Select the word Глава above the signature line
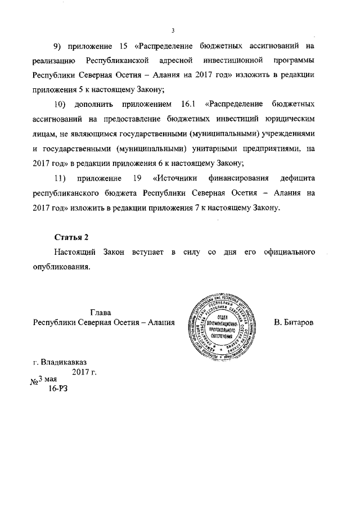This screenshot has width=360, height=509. (101, 312)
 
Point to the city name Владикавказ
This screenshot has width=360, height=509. (63, 362)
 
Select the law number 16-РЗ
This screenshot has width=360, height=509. (58, 389)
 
